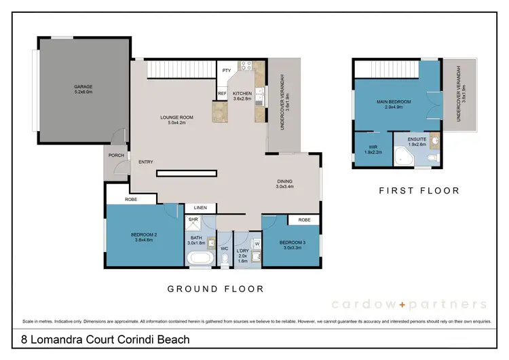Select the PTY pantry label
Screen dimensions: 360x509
(x=226, y=70)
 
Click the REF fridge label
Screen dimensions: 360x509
(x=222, y=94)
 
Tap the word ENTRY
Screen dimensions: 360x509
(x=145, y=162)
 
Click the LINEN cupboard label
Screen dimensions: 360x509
(x=200, y=207)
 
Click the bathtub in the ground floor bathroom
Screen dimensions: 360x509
(x=200, y=259)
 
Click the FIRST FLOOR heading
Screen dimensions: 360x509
(x=419, y=191)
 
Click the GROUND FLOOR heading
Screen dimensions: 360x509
(x=216, y=289)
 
